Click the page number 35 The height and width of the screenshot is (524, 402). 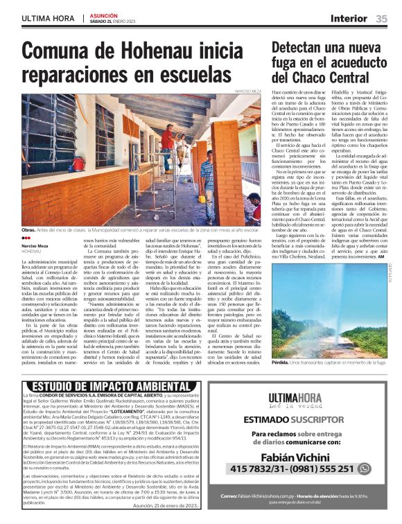[x=381, y=19]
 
